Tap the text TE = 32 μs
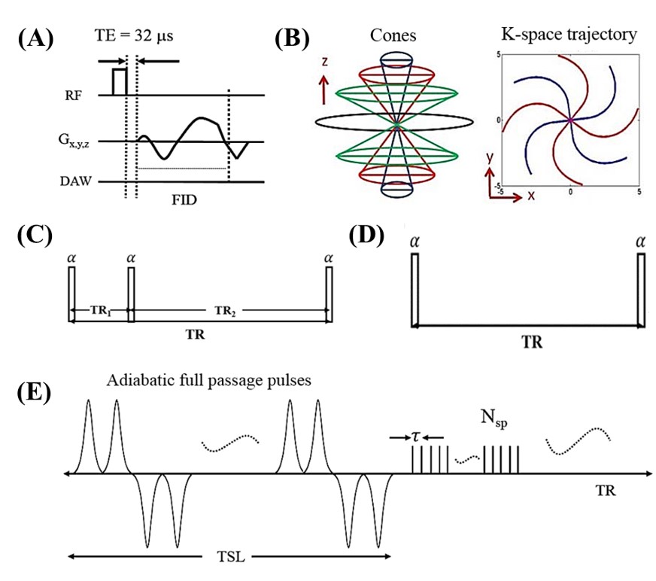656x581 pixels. coord(134,35)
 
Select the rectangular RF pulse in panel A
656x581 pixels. coord(119,81)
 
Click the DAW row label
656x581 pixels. coord(76,181)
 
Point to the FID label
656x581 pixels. coord(184,200)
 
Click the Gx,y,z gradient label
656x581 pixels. coord(74,140)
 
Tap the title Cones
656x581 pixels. coord(393,35)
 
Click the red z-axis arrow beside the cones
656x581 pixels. coord(323,90)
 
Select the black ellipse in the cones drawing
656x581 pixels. coord(394,122)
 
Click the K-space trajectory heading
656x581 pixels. coord(569,35)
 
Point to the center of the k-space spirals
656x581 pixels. coord(570,120)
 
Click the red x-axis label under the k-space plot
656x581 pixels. coord(531,196)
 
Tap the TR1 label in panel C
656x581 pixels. coord(101,311)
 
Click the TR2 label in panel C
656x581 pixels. coord(225,311)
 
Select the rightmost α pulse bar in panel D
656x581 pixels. coord(641,290)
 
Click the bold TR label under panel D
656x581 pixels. coord(532,342)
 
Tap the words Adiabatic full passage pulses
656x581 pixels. coord(209,381)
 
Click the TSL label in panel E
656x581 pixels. coord(230,557)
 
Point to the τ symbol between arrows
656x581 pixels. coord(415,437)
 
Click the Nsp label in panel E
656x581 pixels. coord(494,418)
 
